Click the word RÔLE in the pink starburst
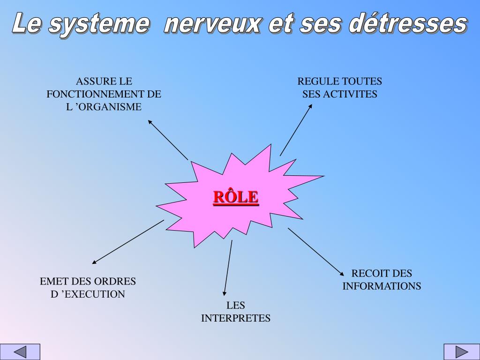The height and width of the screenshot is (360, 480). (236, 197)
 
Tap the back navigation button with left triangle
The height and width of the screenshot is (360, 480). (20, 352)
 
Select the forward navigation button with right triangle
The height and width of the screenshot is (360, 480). (462, 352)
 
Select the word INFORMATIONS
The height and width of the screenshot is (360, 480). (382, 286)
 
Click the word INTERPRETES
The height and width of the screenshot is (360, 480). (236, 318)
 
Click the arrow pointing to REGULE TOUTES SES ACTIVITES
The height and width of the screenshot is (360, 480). (296, 130)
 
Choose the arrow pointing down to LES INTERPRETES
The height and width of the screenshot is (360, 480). (228, 268)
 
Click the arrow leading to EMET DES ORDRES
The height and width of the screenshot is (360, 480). (128, 242)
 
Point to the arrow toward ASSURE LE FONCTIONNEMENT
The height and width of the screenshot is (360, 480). (168, 140)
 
